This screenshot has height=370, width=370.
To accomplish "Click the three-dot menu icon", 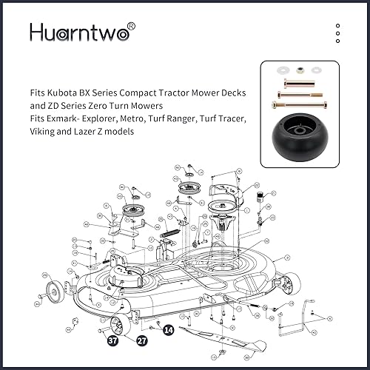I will (x=337, y=34).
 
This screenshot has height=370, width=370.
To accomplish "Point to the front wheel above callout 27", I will (x=119, y=323).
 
